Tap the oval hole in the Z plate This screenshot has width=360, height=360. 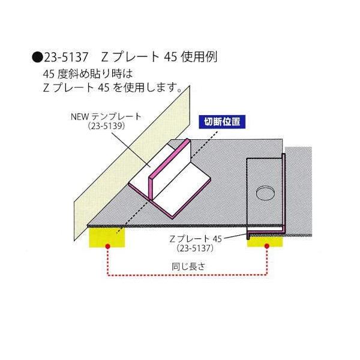pyautogui.click(x=264, y=193)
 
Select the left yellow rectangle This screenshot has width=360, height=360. pyautogui.click(x=107, y=237)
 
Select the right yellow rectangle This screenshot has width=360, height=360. pyautogui.click(x=265, y=239)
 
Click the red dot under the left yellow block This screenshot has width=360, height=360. pyautogui.click(x=107, y=246)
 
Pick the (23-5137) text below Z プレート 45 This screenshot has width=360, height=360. pyautogui.click(x=197, y=247)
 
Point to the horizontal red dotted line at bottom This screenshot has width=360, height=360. pyautogui.click(x=187, y=275)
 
